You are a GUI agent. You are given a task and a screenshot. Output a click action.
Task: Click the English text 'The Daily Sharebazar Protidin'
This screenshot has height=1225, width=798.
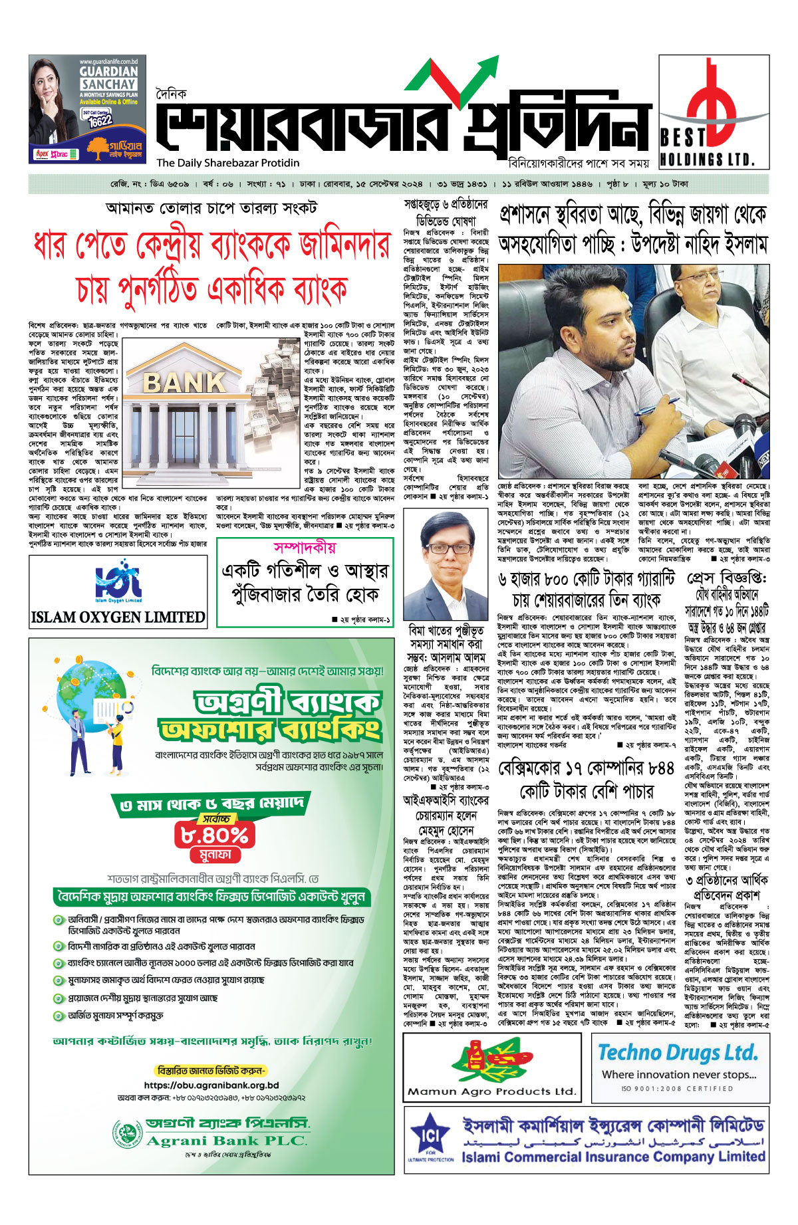pyautogui.click(x=228, y=163)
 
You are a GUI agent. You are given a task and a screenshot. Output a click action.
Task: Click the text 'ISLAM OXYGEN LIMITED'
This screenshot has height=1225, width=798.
pyautogui.click(x=118, y=617)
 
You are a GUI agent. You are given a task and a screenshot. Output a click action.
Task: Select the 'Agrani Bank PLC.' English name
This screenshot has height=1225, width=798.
pyautogui.click(x=226, y=1141)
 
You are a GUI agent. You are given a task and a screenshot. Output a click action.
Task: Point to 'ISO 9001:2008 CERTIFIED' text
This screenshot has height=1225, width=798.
pyautogui.click(x=678, y=1089)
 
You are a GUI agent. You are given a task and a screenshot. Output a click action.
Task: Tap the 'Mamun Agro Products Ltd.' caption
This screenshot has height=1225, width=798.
pyautogui.click(x=491, y=1091)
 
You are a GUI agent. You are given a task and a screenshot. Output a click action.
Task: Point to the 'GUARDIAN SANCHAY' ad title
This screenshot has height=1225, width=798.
pyautogui.click(x=108, y=78)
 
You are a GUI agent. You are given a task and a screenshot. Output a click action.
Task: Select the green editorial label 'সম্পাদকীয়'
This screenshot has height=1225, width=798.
pyautogui.click(x=305, y=548)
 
